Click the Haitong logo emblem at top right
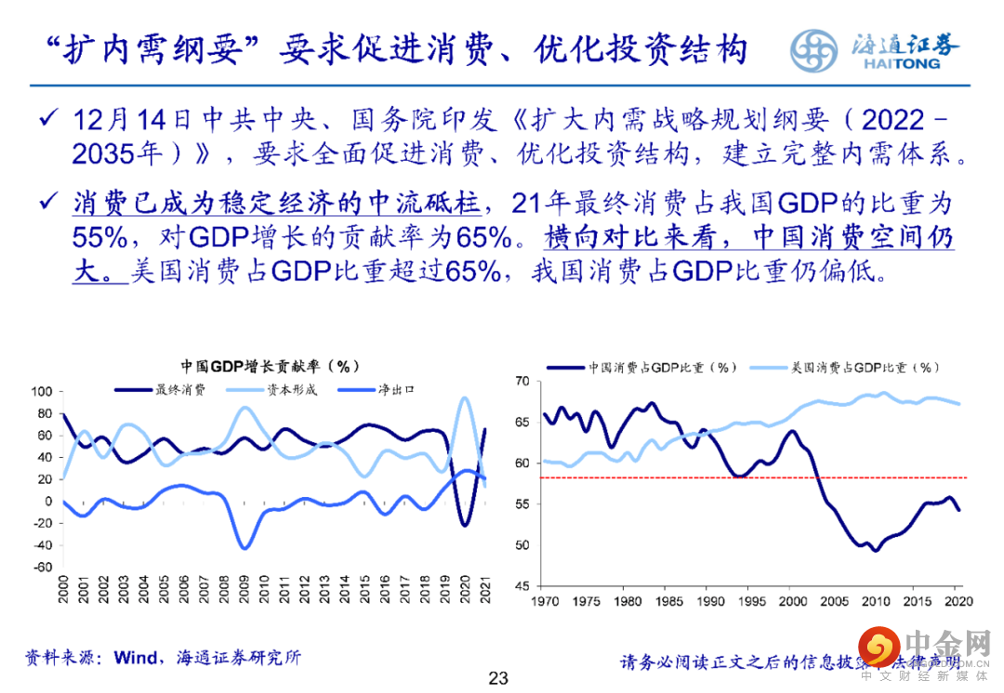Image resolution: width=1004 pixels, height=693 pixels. [x=818, y=49]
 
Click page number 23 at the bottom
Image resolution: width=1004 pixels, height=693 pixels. [x=498, y=678]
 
